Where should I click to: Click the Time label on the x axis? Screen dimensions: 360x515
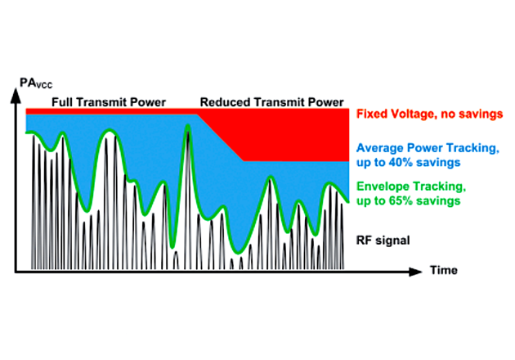[446, 270]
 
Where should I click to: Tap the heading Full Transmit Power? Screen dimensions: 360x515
[109, 102]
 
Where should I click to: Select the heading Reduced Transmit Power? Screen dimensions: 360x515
[271, 102]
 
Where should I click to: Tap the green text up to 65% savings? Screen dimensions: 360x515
[406, 200]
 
